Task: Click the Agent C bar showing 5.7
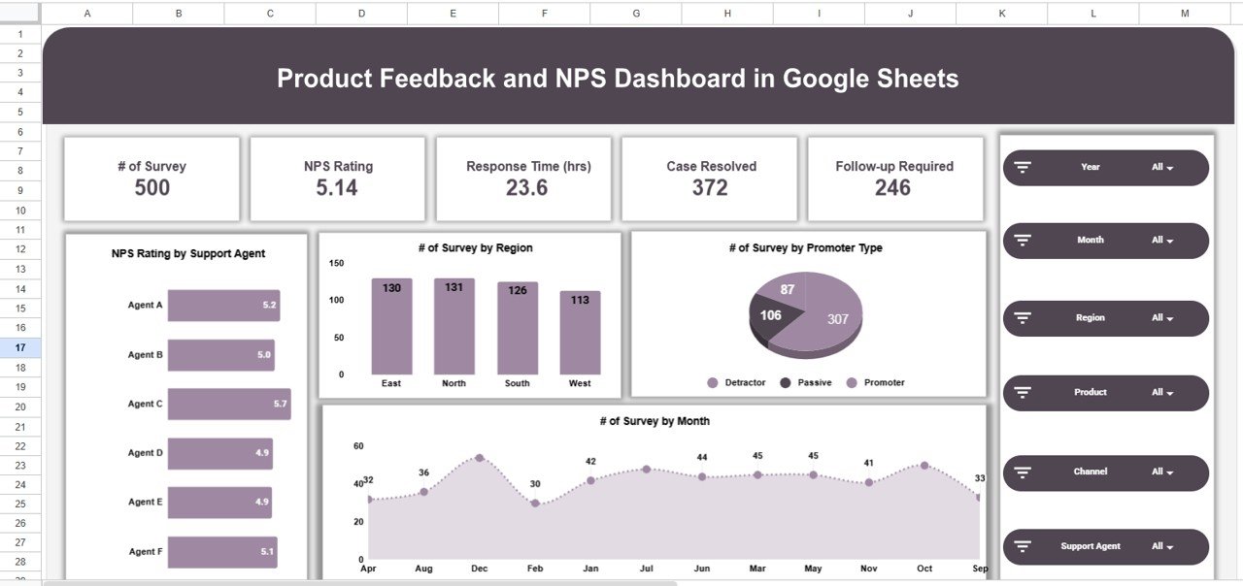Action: pos(228,404)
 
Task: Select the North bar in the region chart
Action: pos(454,326)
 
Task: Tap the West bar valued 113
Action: pos(580,332)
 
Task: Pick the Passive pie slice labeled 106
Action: pos(773,317)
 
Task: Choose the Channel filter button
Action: pos(1105,472)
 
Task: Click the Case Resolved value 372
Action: pos(710,188)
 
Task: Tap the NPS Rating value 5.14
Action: pos(337,188)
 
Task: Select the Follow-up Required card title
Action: pos(893,166)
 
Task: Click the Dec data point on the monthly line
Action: pos(479,457)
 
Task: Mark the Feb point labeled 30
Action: pos(535,504)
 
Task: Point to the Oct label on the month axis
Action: pos(924,569)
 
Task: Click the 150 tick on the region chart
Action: pos(336,263)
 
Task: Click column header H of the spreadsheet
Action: pos(727,13)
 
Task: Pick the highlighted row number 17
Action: pos(20,347)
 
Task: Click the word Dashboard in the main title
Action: pos(651,79)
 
